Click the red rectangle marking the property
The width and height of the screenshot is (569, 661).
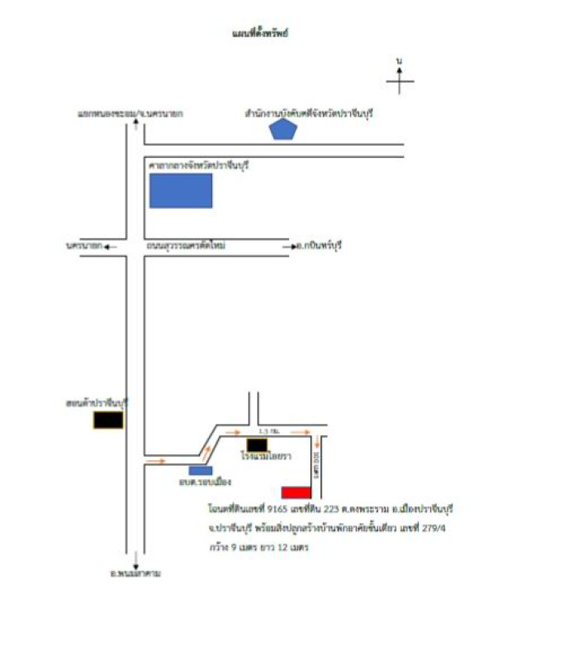[296, 492]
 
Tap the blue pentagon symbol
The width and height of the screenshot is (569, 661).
[283, 129]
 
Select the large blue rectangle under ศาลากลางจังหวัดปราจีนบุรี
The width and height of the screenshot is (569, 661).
[181, 190]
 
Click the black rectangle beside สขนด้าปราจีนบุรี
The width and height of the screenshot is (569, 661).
[108, 420]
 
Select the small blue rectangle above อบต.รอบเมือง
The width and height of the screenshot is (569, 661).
[201, 470]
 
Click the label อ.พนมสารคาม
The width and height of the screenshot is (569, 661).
[135, 572]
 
